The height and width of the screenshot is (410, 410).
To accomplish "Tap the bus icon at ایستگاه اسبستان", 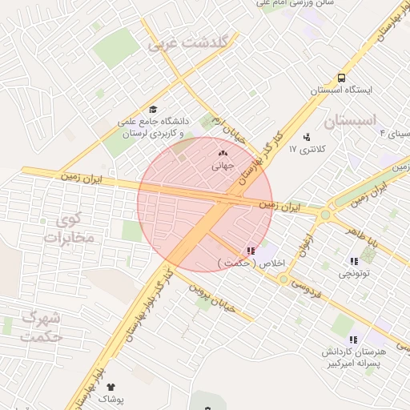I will [x=342, y=78].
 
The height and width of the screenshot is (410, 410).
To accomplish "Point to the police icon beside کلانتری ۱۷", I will [x=307, y=137].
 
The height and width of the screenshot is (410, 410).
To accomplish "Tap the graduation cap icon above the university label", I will [x=153, y=110].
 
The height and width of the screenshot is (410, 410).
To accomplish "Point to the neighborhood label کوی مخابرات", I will [x=70, y=228].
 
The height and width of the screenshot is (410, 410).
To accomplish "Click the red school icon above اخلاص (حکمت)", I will [x=252, y=251].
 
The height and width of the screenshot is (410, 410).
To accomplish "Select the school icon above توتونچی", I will [x=353, y=261].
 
